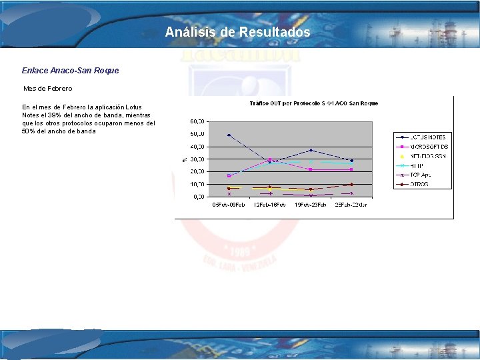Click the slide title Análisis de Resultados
[237, 32]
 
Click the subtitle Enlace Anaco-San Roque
[70, 70]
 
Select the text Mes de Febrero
[48, 88]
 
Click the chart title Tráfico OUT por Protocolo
[313, 103]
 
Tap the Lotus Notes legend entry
[427, 137]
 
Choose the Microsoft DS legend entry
[427, 147]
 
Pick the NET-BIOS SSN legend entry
[427, 156]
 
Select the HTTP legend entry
[418, 165]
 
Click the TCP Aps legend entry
[420, 175]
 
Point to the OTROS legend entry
[420, 184]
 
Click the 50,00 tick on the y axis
[197, 134]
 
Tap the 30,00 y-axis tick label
[197, 159]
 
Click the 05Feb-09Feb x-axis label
[229, 205]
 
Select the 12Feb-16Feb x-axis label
[269, 205]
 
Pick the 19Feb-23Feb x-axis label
[311, 205]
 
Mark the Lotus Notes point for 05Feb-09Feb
[229, 135]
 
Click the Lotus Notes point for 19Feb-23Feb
[311, 150]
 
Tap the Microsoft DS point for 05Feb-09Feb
[229, 176]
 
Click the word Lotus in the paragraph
[133, 107]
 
